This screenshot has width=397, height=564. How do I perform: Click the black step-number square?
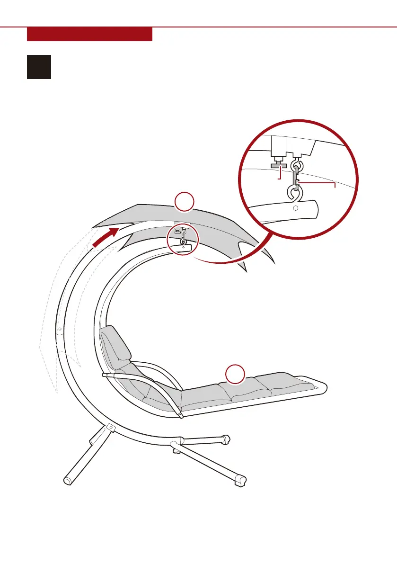(x=39, y=67)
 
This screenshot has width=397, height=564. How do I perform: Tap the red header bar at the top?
(x=89, y=34)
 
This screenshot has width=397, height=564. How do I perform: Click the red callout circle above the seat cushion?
(x=235, y=374)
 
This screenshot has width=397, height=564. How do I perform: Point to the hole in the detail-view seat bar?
(x=295, y=208)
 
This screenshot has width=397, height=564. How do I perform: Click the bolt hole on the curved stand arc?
(x=60, y=328)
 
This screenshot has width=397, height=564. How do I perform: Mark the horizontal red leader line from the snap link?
(x=317, y=182)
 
